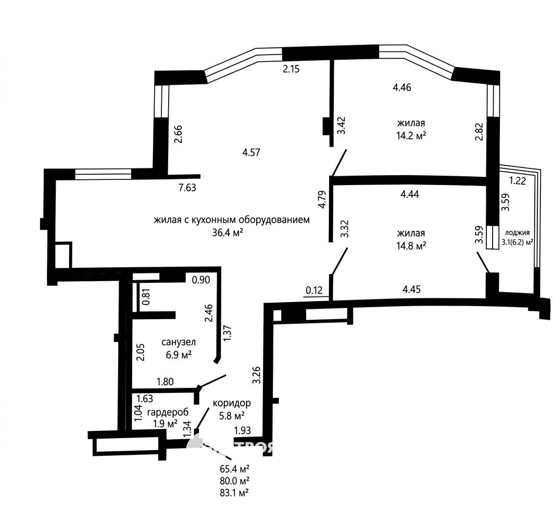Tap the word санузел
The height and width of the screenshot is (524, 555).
[x=179, y=342]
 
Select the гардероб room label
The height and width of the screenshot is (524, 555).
[x=168, y=412]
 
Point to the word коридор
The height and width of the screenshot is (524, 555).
[x=232, y=403]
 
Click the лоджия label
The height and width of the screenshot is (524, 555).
[x=518, y=232]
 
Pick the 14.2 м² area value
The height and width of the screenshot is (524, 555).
[x=411, y=136]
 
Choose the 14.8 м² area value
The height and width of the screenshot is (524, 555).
[x=411, y=245]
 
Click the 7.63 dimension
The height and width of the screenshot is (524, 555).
[x=187, y=187]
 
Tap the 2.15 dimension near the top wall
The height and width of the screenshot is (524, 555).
[x=291, y=69]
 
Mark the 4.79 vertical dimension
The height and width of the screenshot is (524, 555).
[x=322, y=200]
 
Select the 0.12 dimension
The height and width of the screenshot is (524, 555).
[x=314, y=290]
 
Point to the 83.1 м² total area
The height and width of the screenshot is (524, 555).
[x=234, y=492]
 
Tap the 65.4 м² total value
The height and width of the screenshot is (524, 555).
[x=234, y=469]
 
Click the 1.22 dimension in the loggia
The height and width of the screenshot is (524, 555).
[x=518, y=180]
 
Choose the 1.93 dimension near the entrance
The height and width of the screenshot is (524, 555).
[x=243, y=430]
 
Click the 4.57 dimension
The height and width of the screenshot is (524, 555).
[x=251, y=152]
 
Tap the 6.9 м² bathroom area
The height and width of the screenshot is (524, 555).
[x=179, y=355]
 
